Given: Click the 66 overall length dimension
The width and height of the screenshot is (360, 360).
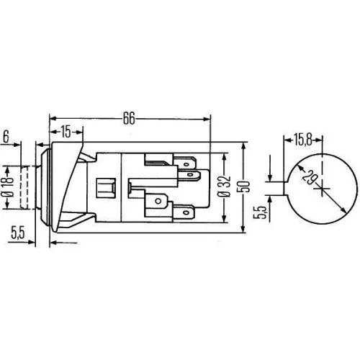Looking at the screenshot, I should [x=130, y=116].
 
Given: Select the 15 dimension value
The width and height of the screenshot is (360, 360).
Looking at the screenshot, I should [x=65, y=131].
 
